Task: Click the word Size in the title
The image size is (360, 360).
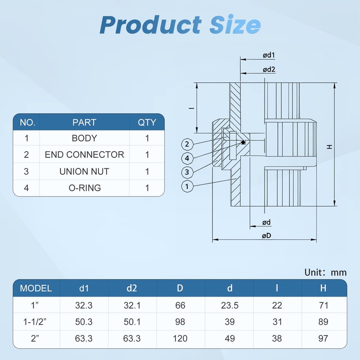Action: (x=235, y=25)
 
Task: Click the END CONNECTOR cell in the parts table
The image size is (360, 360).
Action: (x=85, y=154)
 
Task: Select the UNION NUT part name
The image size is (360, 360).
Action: (x=84, y=171)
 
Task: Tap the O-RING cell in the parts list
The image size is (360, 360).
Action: (x=85, y=188)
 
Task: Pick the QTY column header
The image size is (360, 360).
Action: (x=147, y=122)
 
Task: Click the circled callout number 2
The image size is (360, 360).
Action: (x=187, y=144)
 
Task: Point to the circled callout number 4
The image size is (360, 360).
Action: (x=187, y=158)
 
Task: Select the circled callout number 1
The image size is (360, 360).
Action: (x=187, y=186)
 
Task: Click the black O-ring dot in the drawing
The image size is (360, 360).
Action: (x=243, y=143)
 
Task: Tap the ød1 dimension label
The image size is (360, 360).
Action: (x=269, y=55)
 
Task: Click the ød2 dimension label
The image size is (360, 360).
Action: (x=269, y=69)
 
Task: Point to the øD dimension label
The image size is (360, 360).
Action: (x=266, y=235)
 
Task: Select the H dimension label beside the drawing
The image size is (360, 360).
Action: (x=329, y=147)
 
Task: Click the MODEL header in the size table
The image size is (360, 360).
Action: (x=36, y=288)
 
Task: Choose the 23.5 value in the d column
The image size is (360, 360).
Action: (x=230, y=306)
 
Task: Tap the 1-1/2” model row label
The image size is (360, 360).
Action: (x=35, y=322)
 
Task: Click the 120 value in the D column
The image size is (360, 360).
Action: (x=180, y=338)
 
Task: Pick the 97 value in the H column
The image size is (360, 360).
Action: (x=323, y=338)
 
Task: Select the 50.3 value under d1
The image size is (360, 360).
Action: (x=84, y=322)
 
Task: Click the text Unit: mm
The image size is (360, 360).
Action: (x=325, y=273)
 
